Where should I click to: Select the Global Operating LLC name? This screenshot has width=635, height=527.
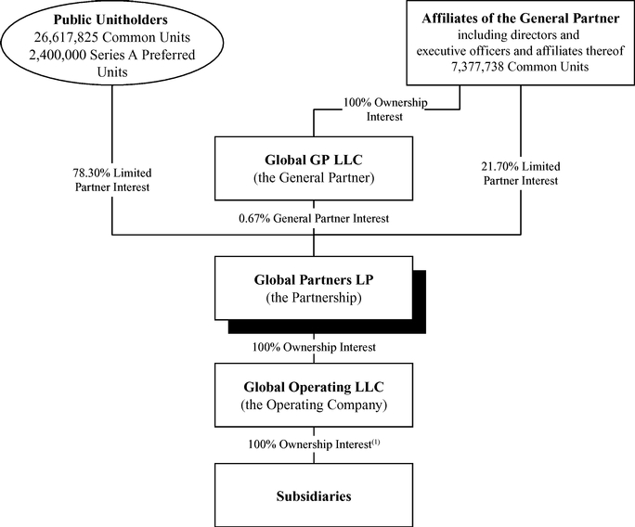[x=315, y=387]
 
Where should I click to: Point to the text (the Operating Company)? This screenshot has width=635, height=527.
[x=315, y=405]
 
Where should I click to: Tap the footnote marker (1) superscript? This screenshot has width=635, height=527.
[x=376, y=442]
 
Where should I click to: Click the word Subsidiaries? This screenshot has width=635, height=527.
[x=315, y=496]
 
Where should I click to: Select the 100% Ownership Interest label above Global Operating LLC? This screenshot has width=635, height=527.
[x=315, y=347]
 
